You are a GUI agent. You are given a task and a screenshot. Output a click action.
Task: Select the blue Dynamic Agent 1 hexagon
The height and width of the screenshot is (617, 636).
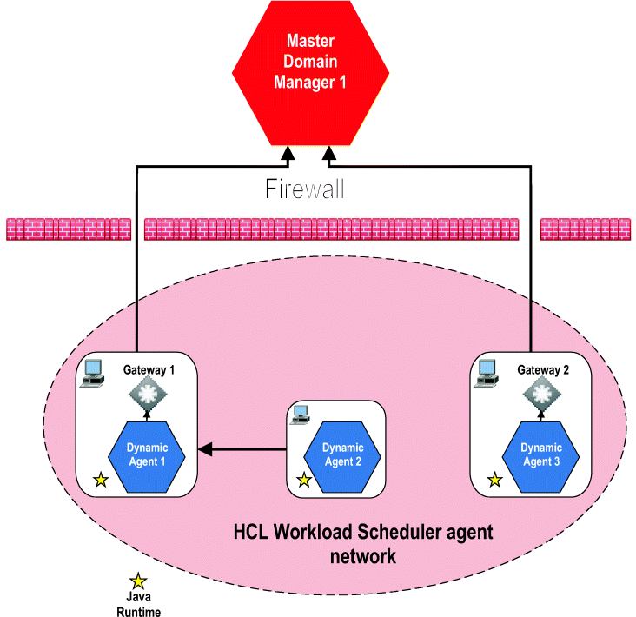tap(147, 454)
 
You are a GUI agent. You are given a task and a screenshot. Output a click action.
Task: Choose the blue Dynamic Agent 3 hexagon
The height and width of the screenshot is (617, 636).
tap(540, 454)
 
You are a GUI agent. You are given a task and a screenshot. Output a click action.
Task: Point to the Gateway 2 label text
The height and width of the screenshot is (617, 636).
tap(543, 369)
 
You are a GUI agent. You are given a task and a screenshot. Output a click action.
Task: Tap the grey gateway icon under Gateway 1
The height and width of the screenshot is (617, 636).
tap(147, 397)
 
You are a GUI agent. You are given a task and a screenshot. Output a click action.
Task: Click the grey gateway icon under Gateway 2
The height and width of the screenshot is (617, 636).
tap(540, 397)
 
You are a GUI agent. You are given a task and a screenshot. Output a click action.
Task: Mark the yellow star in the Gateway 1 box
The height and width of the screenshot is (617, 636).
tap(101, 479)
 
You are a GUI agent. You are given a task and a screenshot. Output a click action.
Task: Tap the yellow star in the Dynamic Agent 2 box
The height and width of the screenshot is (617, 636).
tap(304, 479)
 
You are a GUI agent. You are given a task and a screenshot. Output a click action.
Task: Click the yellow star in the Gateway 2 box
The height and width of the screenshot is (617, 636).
tap(494, 479)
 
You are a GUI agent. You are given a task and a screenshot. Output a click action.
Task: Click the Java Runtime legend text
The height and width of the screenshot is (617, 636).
tap(138, 604)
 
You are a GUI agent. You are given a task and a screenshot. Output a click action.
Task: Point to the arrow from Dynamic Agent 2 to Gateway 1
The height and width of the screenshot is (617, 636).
tap(243, 449)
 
